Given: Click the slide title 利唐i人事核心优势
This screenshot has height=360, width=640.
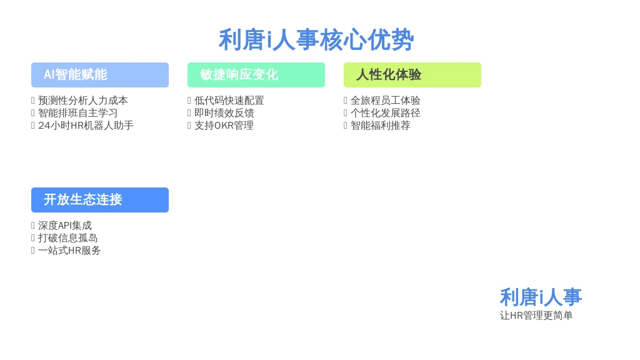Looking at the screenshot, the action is tap(316, 40).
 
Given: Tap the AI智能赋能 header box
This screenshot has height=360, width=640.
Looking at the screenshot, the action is tap(100, 75).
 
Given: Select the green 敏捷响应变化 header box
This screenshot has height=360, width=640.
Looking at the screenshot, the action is tap(256, 75).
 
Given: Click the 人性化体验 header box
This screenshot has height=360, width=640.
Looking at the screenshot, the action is tap(412, 75).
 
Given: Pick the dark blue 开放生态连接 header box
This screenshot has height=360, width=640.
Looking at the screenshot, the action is tap(100, 200).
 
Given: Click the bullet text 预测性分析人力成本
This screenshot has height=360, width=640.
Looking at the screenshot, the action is tap(83, 101).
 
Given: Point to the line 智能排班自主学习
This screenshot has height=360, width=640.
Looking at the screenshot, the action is tap(78, 113).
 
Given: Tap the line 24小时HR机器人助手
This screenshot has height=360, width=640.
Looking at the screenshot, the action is tap(86, 125).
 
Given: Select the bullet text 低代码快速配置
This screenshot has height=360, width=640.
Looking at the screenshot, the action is tap(229, 101).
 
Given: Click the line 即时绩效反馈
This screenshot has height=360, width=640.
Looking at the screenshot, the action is tap(224, 113).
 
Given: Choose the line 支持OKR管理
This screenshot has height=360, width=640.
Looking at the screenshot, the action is tap(224, 125).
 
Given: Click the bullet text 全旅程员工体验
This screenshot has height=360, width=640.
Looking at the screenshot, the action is tap(385, 101).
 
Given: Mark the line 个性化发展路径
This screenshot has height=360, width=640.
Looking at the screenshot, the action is tap(385, 113).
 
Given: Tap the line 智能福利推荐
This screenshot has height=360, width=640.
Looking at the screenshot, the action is tap(381, 125).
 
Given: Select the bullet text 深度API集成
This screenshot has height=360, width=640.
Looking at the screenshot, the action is tap(65, 225).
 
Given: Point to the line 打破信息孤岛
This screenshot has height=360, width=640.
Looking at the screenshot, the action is tap(67, 238).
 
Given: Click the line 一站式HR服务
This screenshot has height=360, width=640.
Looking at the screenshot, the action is tap(69, 250).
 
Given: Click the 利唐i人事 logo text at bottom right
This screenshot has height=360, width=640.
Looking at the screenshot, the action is tap(541, 297).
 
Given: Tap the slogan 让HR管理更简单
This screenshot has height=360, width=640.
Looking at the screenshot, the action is tap(536, 315).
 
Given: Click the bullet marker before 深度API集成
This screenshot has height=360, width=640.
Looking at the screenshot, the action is tap(33, 226).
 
